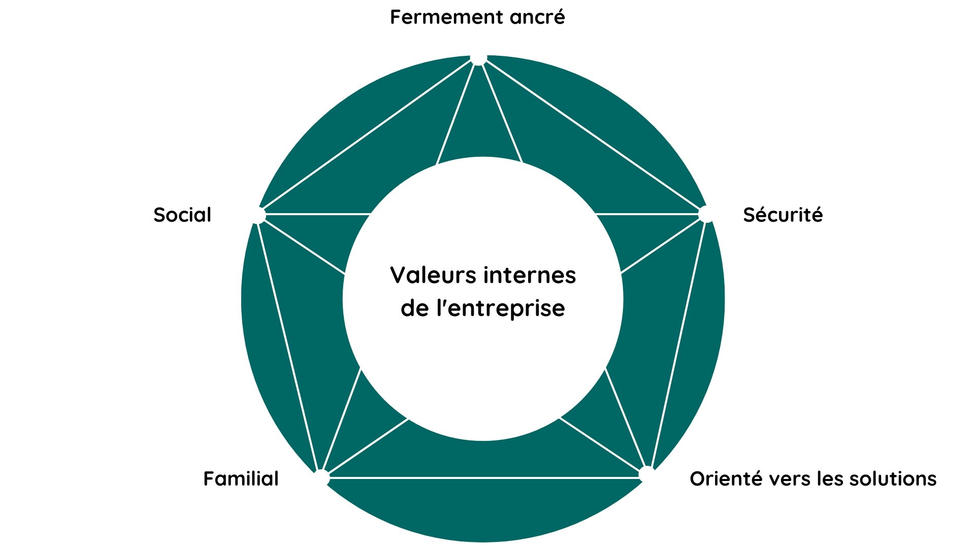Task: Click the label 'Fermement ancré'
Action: tap(477, 17)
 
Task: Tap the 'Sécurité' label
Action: tap(783, 215)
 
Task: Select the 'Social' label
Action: tap(182, 215)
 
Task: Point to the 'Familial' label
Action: tap(241, 479)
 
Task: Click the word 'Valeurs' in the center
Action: tap(433, 276)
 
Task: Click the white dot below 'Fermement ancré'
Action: tap(478, 57)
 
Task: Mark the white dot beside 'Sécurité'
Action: tap(706, 215)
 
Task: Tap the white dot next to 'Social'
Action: tap(258, 216)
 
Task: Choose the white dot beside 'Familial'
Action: tap(322, 477)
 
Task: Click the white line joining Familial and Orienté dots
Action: tap(482, 477)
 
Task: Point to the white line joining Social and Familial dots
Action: tap(289, 345)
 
